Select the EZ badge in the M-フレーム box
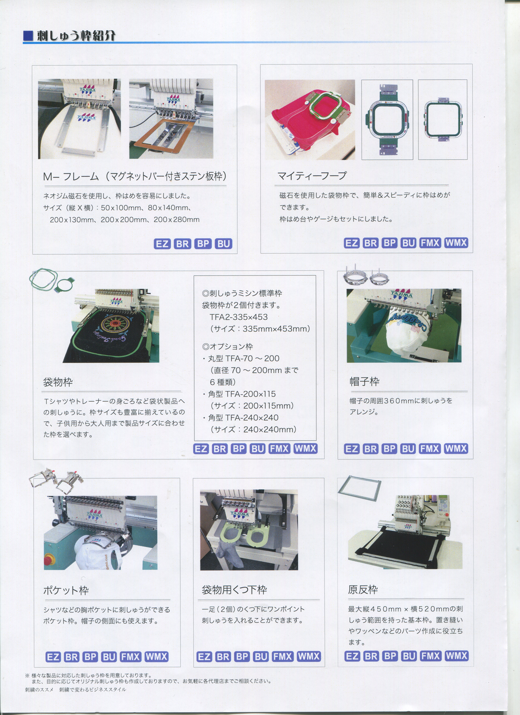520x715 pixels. pos(163,244)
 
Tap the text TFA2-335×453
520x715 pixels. pos(239,317)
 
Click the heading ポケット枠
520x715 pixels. pos(66,590)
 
